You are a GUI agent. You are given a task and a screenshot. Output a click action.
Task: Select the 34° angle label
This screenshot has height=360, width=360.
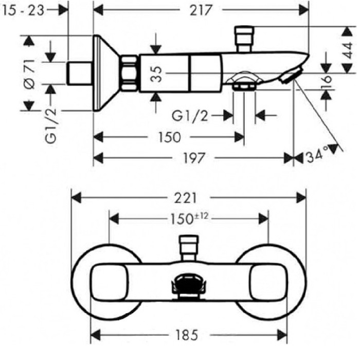317,155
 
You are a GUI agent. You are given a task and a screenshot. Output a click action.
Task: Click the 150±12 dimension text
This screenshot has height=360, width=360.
189,218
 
